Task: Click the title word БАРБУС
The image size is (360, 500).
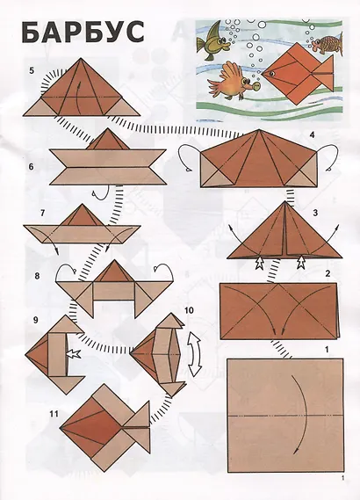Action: coord(83,33)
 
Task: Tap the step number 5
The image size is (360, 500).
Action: coord(32,70)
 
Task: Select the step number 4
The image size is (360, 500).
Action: coord(312,134)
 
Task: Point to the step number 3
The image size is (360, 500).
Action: coord(315,213)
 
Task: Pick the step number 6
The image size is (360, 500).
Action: coord(31,167)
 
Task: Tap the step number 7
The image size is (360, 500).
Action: coord(43,213)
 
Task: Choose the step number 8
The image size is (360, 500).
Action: coord(37,276)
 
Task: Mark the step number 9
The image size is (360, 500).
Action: coord(36,320)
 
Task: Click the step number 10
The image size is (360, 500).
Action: coord(189,310)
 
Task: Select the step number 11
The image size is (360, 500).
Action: coord(54,414)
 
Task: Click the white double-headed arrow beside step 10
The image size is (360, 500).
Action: coord(195,352)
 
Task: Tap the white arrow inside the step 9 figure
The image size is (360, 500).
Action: coord(73,353)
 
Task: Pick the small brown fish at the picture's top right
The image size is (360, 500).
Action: coord(327,43)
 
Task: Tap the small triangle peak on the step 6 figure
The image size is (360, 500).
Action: coord(108,139)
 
